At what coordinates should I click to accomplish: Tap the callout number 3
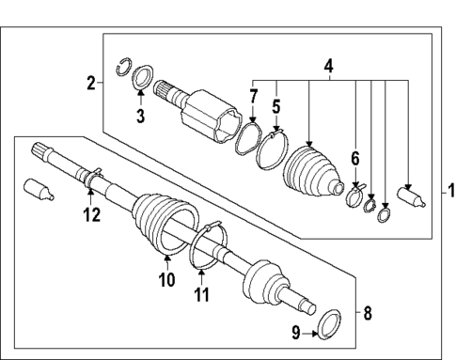[140, 117]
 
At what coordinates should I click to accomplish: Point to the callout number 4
[328, 68]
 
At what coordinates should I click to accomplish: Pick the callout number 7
[253, 97]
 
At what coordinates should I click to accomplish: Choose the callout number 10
[165, 279]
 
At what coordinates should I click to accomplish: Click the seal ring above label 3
[144, 77]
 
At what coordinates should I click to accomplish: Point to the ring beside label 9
[330, 325]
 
